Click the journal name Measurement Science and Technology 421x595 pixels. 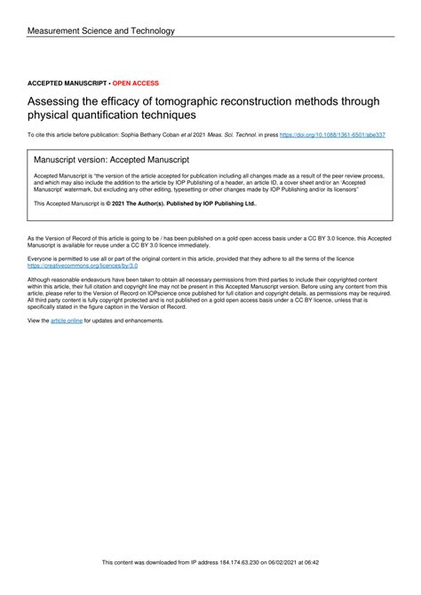[x=101, y=30]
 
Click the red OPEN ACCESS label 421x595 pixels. [x=133, y=83]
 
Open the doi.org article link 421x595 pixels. [x=333, y=135]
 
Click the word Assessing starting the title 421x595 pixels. [x=54, y=100]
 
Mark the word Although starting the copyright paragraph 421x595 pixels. [x=43, y=279]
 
